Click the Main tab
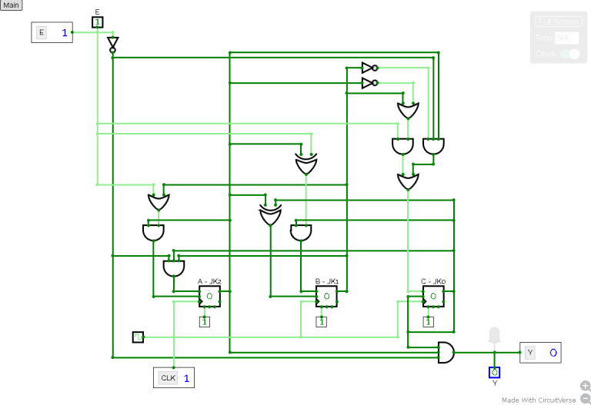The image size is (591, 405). [x=12, y=5]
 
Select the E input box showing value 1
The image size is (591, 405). [x=52, y=32]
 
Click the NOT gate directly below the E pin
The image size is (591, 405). [x=112, y=44]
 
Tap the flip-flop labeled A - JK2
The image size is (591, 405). [x=209, y=297]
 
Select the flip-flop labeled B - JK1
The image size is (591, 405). [x=326, y=297]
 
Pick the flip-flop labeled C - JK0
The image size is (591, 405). [x=433, y=297]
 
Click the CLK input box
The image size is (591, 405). [x=173, y=377]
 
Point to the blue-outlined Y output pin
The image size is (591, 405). [x=494, y=372]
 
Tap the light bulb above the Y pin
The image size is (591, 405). [x=494, y=336]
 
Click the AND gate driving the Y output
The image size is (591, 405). [x=446, y=353]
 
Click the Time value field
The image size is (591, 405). [x=566, y=38]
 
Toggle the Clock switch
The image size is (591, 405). [x=569, y=54]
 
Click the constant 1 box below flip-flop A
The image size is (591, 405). [x=205, y=321]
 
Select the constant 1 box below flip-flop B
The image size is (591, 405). [x=322, y=321]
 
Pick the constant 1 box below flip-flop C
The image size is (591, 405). [x=429, y=321]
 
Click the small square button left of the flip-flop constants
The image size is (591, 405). [x=138, y=337]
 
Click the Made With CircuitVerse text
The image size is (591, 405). [x=539, y=400]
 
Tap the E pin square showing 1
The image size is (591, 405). [x=97, y=22]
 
